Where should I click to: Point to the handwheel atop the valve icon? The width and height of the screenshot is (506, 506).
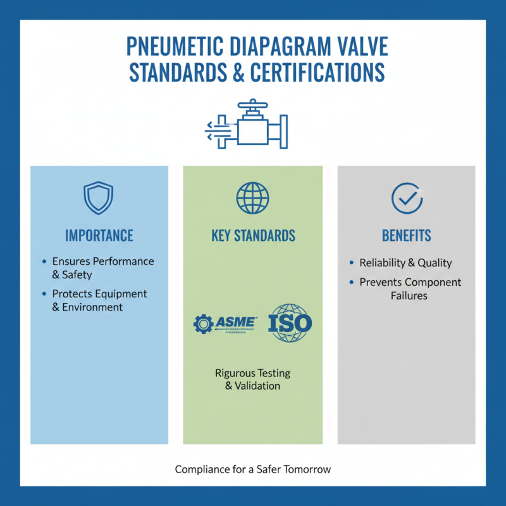click(x=254, y=104)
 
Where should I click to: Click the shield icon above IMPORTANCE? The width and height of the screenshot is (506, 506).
click(x=98, y=198)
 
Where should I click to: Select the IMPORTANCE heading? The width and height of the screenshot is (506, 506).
click(x=99, y=236)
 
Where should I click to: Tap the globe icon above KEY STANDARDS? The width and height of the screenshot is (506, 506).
click(x=252, y=198)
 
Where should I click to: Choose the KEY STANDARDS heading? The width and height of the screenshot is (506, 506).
click(x=253, y=236)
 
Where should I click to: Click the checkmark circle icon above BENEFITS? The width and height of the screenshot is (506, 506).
click(x=407, y=198)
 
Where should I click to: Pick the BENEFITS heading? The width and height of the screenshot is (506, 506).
click(x=407, y=236)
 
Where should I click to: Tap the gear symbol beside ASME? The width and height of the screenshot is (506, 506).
click(x=204, y=324)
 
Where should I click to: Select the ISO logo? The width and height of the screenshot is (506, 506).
click(x=290, y=323)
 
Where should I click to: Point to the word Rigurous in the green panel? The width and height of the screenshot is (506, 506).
click(x=233, y=373)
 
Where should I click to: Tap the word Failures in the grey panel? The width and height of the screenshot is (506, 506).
click(x=409, y=295)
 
